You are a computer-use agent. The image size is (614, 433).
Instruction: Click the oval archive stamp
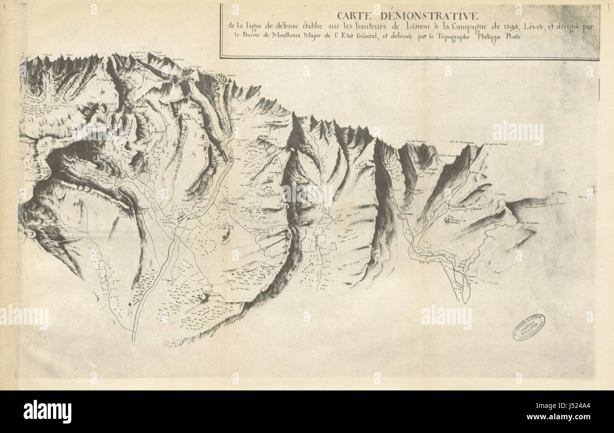tap(529, 327)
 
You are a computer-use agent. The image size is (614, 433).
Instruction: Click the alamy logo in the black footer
tap(47, 411)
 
